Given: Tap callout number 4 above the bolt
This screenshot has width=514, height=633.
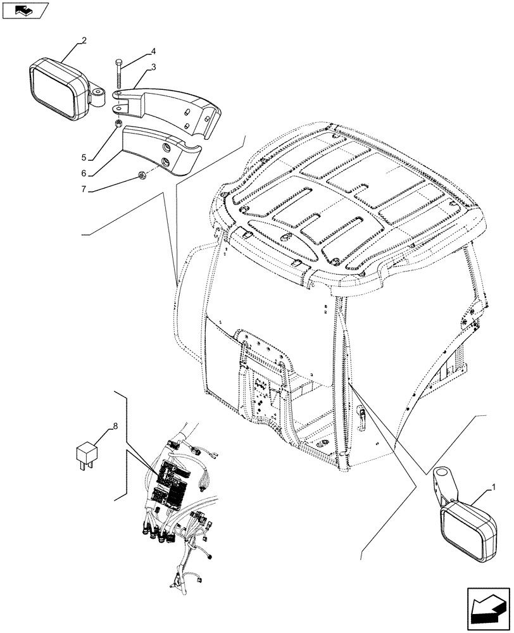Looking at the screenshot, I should [x=135, y=51].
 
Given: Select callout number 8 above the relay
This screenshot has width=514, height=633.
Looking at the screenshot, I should [x=114, y=427].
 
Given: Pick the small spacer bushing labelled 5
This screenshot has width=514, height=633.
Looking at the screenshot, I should [x=118, y=123].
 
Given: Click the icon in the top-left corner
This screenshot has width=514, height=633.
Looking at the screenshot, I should [x=25, y=11].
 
